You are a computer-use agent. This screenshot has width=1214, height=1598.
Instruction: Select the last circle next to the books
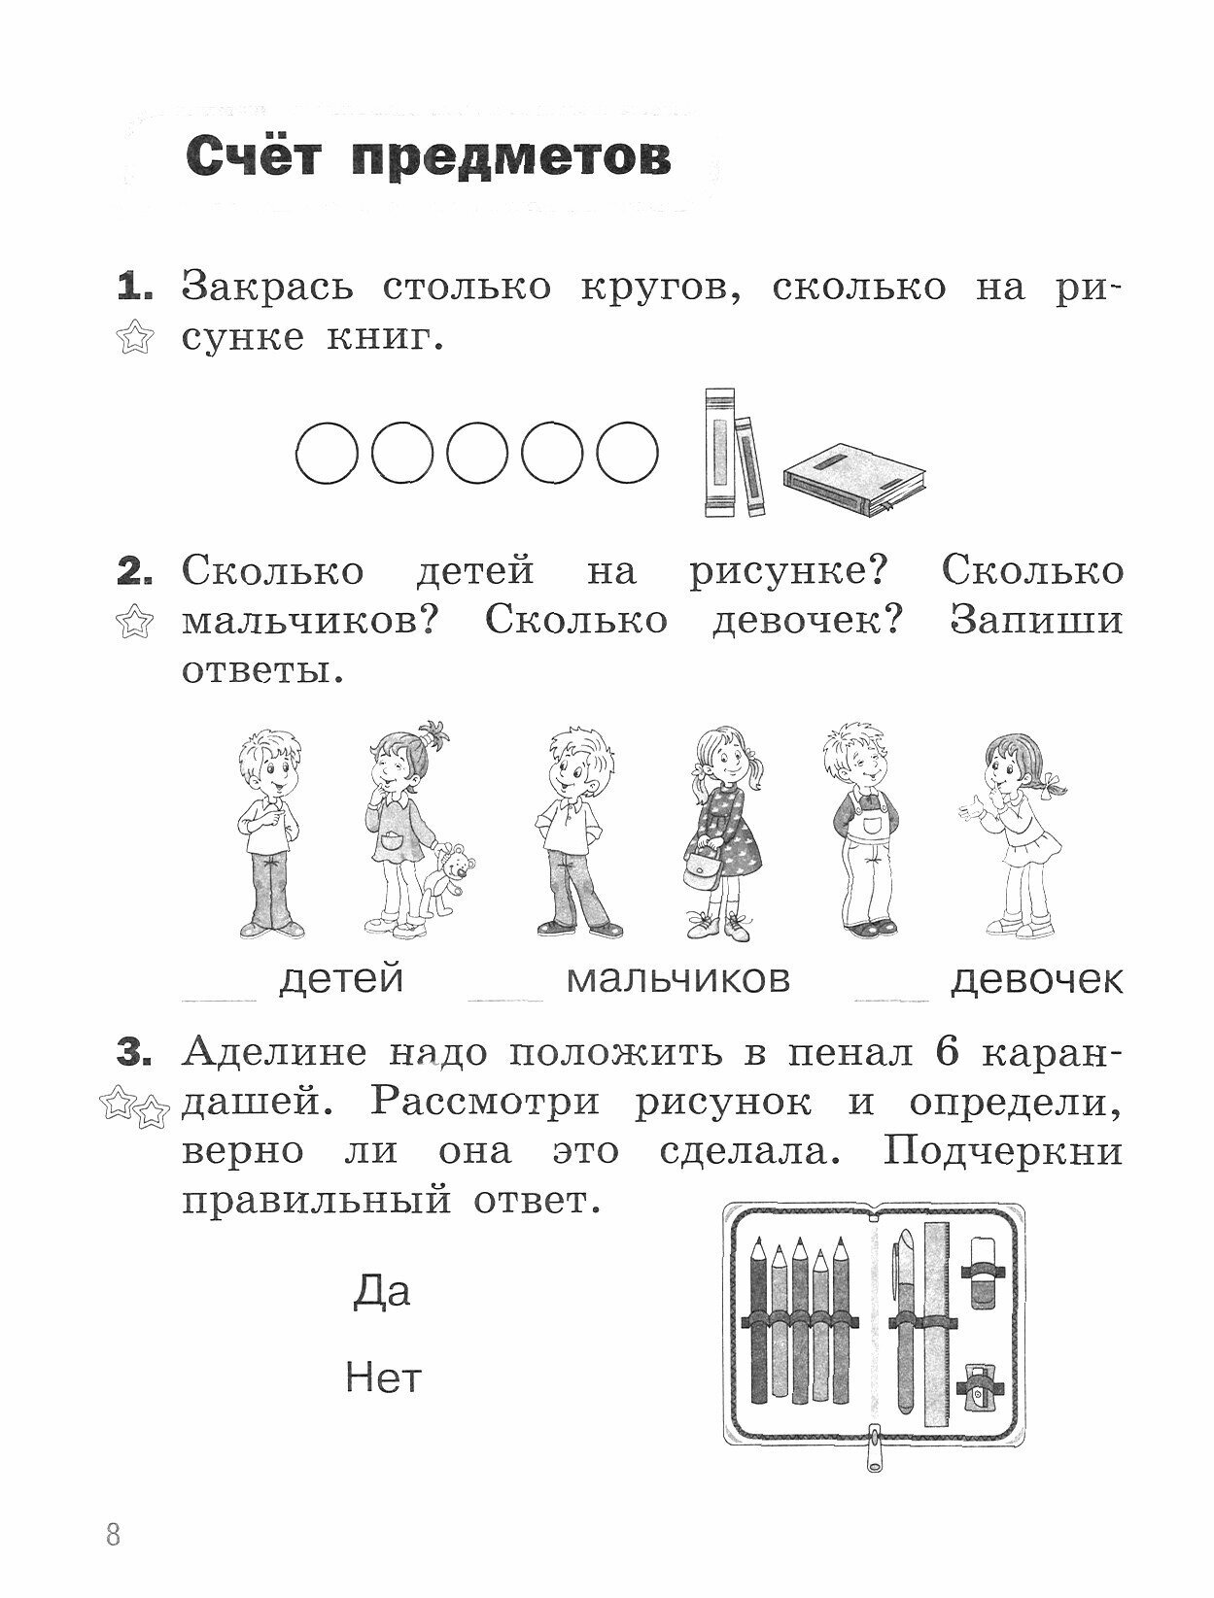tap(627, 452)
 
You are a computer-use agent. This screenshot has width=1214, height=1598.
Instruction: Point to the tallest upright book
tap(718, 452)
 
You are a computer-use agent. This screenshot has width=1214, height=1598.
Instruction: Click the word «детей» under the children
tap(340, 978)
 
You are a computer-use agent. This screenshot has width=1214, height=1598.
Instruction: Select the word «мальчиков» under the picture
tap(677, 978)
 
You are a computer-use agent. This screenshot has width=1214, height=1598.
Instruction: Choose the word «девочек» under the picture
tap(1036, 979)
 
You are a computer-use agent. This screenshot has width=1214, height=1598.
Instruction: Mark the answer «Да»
tap(381, 1291)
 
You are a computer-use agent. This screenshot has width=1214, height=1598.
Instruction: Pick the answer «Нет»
tap(383, 1377)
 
